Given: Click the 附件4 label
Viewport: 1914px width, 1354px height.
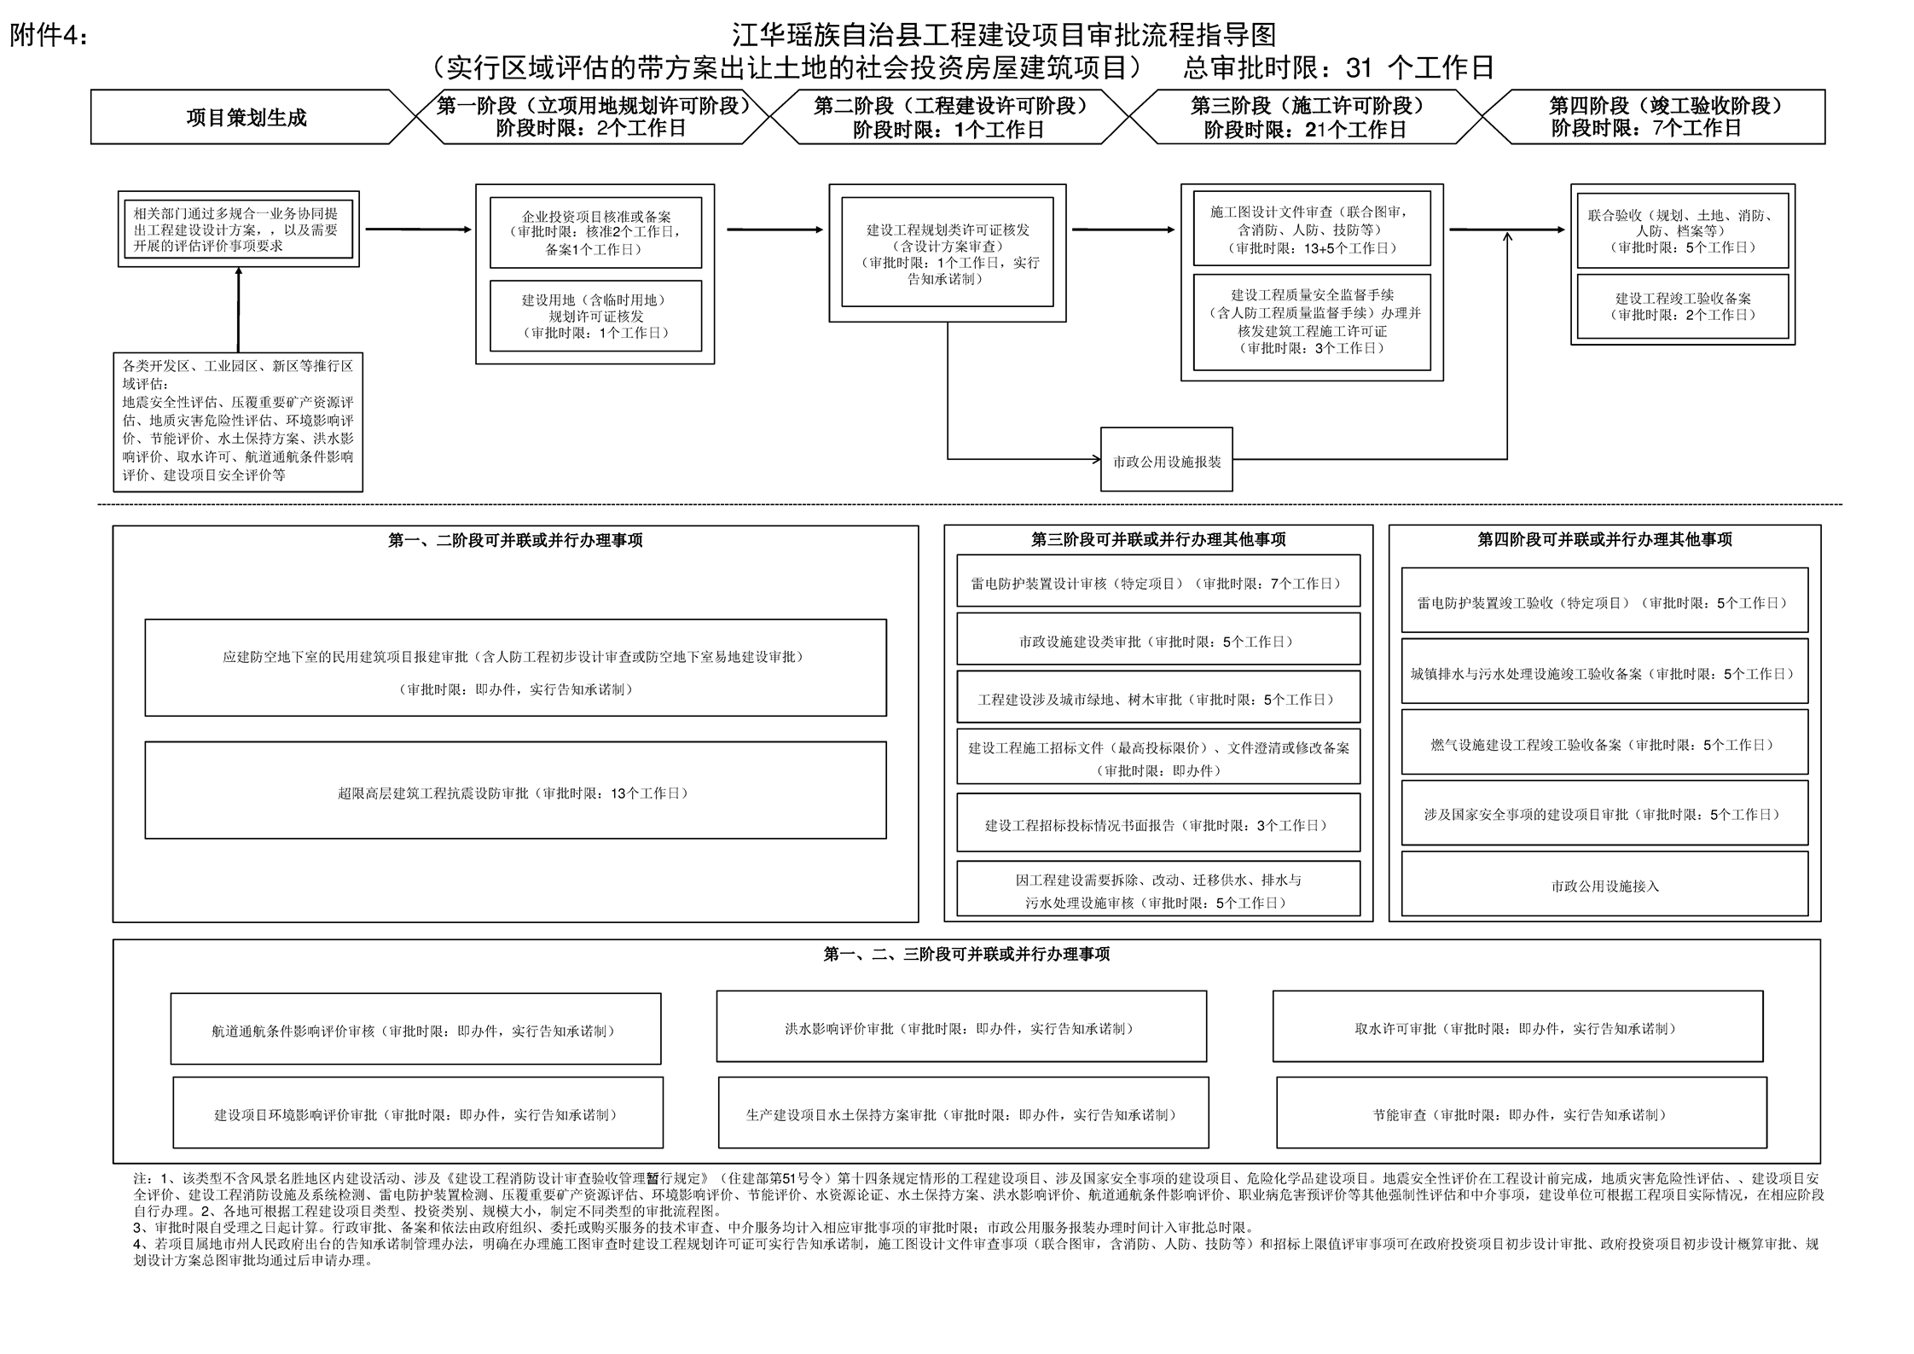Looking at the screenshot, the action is coord(49,36).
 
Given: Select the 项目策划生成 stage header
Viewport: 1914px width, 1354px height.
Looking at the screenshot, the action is coord(246,117).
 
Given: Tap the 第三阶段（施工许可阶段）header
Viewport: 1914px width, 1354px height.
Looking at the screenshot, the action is coord(1307,117).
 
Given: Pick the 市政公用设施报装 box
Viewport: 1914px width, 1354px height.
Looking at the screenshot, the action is coord(1166,460).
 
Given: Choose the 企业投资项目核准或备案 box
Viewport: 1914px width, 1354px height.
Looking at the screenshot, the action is coord(595,233).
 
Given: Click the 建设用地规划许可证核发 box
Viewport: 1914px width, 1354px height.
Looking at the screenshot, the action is coord(595,316).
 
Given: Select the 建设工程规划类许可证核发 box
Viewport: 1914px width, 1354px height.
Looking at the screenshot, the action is coord(947,253).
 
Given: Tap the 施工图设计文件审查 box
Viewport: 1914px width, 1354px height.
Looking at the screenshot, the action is coord(1312,229).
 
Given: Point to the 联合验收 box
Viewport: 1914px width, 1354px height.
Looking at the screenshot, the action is coord(1682,230).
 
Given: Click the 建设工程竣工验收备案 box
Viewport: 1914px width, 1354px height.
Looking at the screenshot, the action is coord(1682,306).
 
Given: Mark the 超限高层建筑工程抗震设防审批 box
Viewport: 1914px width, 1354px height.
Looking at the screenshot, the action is coord(515,790).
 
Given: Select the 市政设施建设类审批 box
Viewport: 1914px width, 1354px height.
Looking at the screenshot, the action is coord(1158,640).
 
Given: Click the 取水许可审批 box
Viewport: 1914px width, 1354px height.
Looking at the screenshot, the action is coord(1517,1026).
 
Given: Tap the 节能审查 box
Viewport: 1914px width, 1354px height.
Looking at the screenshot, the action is coord(1522,1113).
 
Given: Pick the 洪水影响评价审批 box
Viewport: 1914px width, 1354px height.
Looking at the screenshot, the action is coord(961,1026).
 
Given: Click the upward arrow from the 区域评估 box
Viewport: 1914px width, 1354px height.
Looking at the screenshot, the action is coord(238,310).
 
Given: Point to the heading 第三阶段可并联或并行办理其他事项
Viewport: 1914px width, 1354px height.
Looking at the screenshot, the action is coord(1158,539).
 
